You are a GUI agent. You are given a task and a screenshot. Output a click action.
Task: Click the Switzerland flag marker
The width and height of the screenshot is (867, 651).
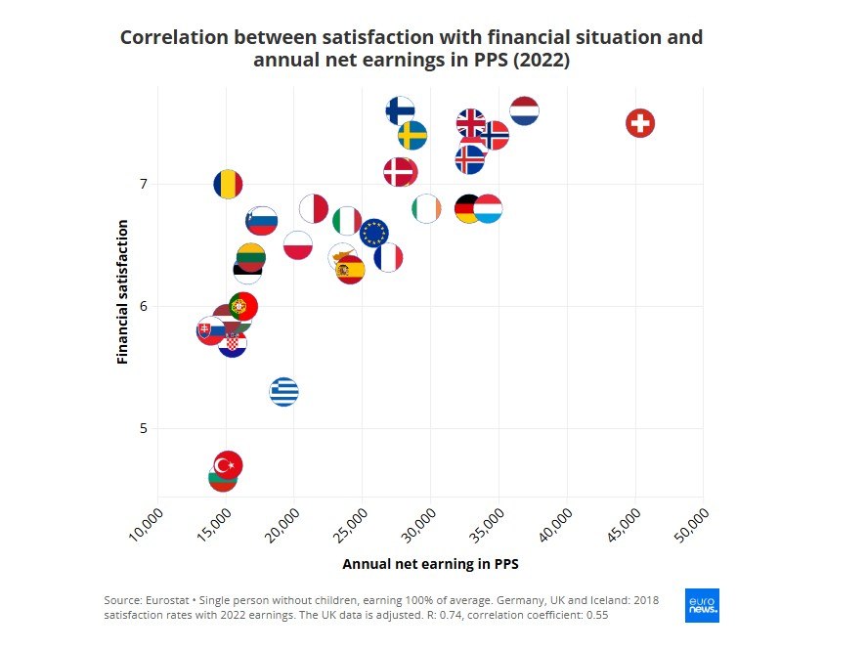(640, 123)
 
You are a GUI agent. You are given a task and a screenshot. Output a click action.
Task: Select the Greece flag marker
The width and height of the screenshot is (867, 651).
(283, 392)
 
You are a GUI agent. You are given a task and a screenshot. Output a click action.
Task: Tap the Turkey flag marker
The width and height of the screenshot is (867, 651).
(228, 464)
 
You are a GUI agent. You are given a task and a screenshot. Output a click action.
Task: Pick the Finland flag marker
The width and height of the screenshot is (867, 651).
(400, 109)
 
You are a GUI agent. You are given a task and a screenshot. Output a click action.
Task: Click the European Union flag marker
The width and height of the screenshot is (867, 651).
(374, 233)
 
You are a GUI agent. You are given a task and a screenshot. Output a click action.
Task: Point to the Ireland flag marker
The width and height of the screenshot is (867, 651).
(426, 208)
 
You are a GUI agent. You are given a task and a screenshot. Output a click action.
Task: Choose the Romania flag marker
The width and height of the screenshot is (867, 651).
(228, 184)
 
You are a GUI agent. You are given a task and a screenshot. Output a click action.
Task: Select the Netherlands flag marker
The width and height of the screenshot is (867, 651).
(525, 111)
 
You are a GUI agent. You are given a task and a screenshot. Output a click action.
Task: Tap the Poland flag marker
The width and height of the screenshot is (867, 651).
(298, 244)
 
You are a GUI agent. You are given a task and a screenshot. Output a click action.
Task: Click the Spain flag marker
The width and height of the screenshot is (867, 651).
(349, 270)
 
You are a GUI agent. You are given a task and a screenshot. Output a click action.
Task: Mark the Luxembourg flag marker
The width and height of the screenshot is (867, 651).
(488, 208)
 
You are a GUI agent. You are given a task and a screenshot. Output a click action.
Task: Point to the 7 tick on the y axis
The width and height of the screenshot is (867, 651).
(142, 184)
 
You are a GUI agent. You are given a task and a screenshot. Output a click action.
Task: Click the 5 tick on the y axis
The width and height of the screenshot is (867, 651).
(142, 428)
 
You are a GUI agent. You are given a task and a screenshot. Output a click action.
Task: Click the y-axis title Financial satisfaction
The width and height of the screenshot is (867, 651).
(123, 292)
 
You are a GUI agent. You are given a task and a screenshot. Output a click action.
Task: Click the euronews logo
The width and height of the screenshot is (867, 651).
(702, 605)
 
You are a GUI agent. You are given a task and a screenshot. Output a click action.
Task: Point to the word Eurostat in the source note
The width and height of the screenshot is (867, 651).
(170, 599)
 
